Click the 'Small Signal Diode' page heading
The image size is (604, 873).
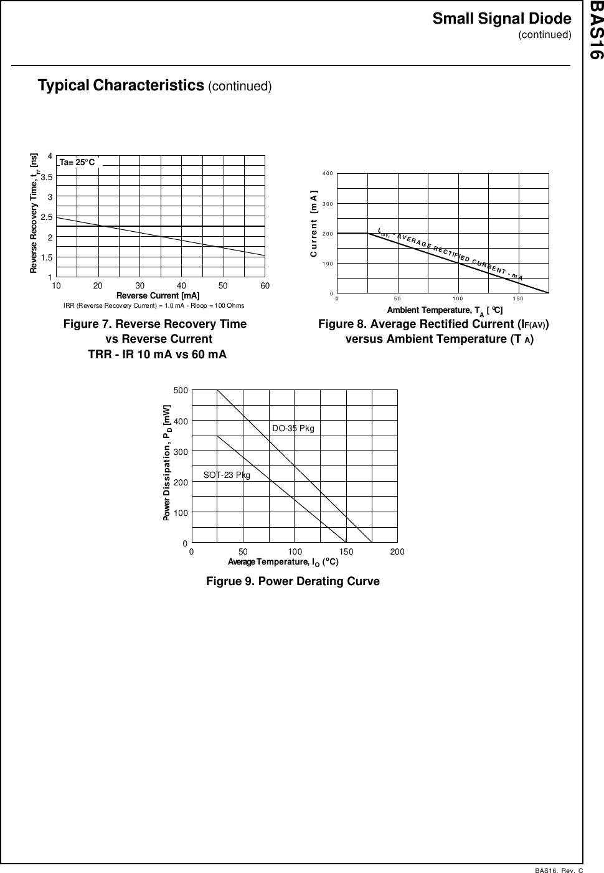pos(501,19)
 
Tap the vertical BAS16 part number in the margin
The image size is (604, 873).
pos(595,31)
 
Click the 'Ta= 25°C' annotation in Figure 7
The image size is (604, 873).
pos(77,163)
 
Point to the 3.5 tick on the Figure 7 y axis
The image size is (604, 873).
pos(46,177)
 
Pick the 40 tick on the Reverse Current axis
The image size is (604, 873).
pos(181,285)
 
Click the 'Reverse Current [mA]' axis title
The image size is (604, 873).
pos(158,295)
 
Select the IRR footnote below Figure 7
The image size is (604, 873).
pos(154,306)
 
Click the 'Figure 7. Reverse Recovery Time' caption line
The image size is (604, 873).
pos(155,324)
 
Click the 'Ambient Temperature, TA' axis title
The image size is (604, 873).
pos(445,310)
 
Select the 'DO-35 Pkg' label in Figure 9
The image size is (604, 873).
pos(293,428)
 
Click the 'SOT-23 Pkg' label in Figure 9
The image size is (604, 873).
pos(227,475)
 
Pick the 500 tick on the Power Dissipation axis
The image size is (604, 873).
pos(181,391)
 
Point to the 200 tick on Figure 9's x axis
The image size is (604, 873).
pos(397,552)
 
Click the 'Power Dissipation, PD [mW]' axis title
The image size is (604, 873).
pos(167,462)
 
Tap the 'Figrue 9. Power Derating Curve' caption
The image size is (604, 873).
pos(293,581)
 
